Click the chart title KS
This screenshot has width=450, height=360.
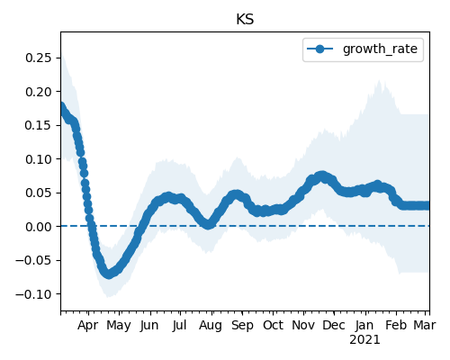[245, 20]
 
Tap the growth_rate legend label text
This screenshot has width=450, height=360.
[380, 49]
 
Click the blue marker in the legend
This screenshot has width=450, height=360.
[319, 49]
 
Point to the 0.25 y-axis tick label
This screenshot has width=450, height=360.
[39, 58]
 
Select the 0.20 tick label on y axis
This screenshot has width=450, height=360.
[39, 92]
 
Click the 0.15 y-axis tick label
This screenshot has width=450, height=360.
[39, 125]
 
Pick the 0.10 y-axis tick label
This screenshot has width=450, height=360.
[39, 159]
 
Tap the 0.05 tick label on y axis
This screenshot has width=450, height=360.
[39, 193]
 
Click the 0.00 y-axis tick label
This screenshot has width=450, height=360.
[39, 227]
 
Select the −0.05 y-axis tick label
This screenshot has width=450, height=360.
[34, 260]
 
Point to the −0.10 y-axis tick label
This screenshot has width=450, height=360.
[34, 294]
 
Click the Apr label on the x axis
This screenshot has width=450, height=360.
[87, 325]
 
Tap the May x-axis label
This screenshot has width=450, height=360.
[119, 326]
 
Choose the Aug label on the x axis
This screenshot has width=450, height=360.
[211, 326]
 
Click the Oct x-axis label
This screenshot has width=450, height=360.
[273, 325]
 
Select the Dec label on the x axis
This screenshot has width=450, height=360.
[334, 325]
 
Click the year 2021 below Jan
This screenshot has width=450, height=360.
[364, 340]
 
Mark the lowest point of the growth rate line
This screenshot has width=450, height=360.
[108, 274]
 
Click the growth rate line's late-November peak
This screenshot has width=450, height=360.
[322, 175]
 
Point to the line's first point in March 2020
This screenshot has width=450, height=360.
[61, 106]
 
